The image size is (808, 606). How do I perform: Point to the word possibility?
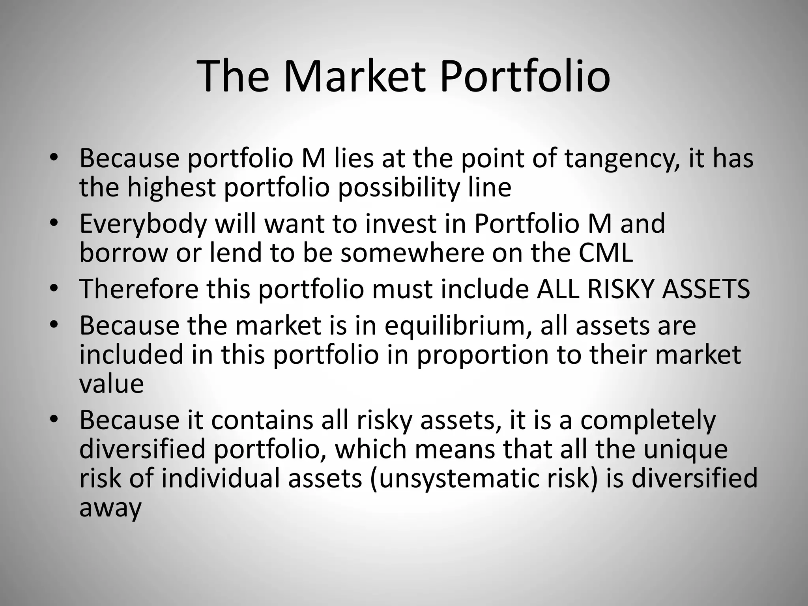point(399,188)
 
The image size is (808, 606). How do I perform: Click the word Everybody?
point(143,224)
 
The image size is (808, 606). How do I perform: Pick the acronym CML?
point(606,253)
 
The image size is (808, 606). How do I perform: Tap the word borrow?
point(123,253)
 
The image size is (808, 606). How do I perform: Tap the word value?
point(111,383)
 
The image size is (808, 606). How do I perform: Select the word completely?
point(648,421)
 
